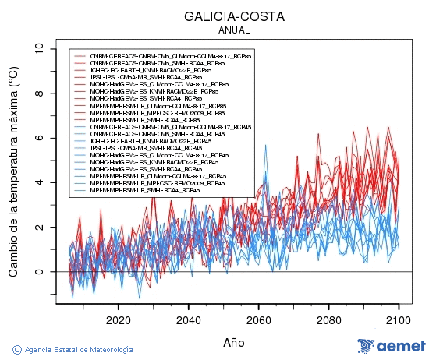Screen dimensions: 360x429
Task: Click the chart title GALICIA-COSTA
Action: tap(234, 16)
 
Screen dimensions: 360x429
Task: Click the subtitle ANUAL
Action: tap(234, 30)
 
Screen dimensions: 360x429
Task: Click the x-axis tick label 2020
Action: tap(118, 319)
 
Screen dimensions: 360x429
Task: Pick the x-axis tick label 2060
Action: tap(258, 319)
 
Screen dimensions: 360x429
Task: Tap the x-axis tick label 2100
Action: tap(399, 319)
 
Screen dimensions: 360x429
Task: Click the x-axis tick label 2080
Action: tap(328, 319)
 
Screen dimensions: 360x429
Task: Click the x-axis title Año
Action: tap(233, 341)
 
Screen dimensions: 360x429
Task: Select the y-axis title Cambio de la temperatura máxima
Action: tap(13, 171)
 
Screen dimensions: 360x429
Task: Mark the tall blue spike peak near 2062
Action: tap(265, 146)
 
